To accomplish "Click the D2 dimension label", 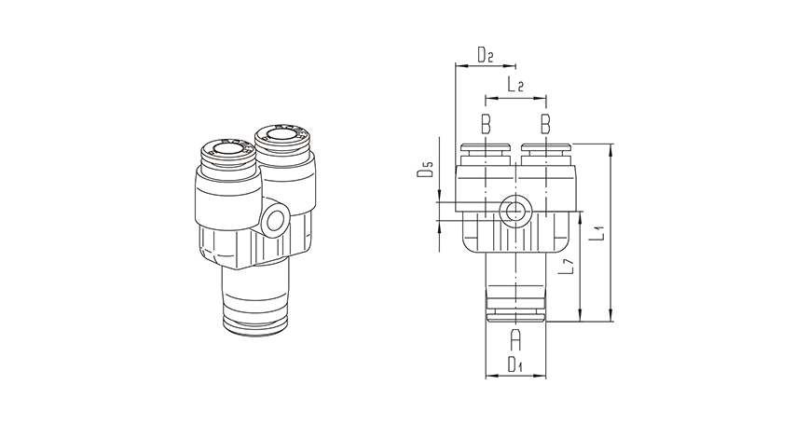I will pos(485,55).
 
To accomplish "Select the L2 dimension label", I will pos(514,86).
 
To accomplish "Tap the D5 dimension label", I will pos(425,171).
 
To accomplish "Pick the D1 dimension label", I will pos(514,364).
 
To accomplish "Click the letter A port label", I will pos(515,338).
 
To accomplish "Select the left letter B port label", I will pos(485,123).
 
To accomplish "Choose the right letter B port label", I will pos(545,123).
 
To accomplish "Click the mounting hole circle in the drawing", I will pos(514,212).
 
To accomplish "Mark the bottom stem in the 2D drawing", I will pos(515,284).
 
